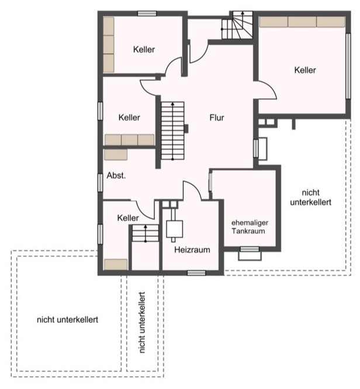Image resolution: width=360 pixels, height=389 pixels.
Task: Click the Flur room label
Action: [x=217, y=118]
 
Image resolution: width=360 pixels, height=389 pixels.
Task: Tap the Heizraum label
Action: [x=192, y=250]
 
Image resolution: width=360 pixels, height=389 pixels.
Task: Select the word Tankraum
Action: [x=248, y=231]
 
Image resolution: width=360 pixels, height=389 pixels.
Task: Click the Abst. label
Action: [x=116, y=175]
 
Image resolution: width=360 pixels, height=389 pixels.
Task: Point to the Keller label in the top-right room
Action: [x=305, y=70]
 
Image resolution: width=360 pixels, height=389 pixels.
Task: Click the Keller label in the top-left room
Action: [x=144, y=49]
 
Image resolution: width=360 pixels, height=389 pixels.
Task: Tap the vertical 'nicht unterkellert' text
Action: [x=142, y=322]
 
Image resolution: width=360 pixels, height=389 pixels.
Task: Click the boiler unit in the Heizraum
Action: [x=175, y=229]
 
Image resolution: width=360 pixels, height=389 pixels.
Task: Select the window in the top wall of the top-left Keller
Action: [x=147, y=13]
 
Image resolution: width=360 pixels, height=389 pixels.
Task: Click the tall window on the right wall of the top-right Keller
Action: [x=348, y=66]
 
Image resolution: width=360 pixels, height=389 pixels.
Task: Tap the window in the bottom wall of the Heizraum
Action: [x=196, y=273]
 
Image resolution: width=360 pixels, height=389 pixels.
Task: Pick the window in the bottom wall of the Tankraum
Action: [x=250, y=249]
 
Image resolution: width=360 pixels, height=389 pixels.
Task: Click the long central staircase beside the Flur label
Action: [x=172, y=131]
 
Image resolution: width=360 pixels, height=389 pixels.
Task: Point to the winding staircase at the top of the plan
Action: [x=237, y=25]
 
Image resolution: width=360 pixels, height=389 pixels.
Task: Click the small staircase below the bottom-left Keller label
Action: [x=146, y=233]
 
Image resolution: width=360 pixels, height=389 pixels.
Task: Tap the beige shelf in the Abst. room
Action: [x=116, y=154]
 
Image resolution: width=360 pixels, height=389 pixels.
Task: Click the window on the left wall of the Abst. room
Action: [x=100, y=183]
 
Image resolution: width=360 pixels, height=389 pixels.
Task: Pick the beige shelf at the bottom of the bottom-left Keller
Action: [x=116, y=264]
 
